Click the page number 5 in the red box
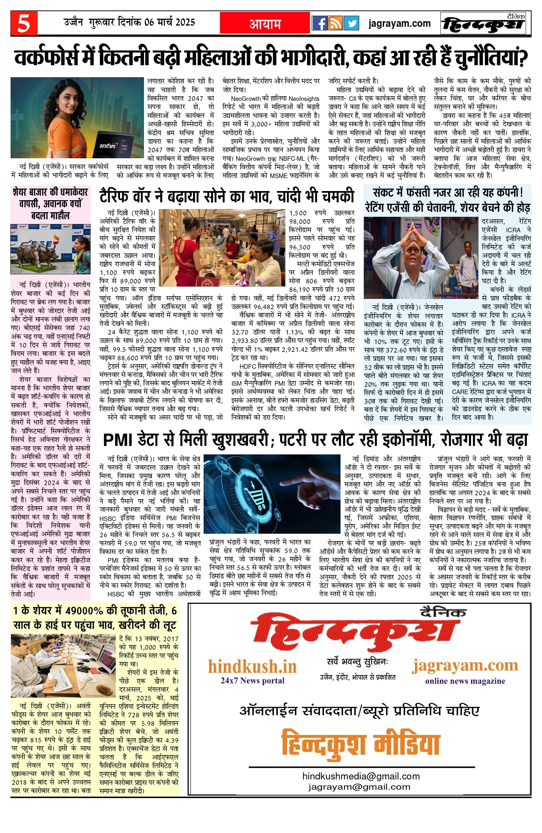pyautogui.click(x=24, y=24)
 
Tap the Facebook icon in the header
pyautogui.click(x=319, y=23)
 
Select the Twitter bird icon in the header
pyautogui.click(x=351, y=23)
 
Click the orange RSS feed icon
pyautogui.click(x=335, y=23)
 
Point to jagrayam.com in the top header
pyautogui.click(x=399, y=24)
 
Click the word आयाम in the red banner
pyautogui.click(x=265, y=24)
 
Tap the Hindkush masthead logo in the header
pyautogui.click(x=483, y=24)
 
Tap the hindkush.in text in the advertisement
pyautogui.click(x=252, y=666)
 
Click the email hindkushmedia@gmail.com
pyautogui.click(x=361, y=776)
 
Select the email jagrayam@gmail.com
pyautogui.click(x=359, y=787)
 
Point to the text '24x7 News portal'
pyautogui.click(x=252, y=680)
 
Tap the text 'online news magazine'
pyautogui.click(x=465, y=681)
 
